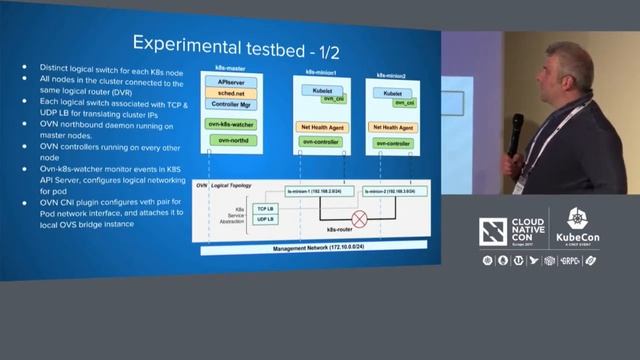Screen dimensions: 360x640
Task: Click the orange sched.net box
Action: click(x=232, y=92)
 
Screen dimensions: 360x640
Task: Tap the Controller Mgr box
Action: click(x=232, y=103)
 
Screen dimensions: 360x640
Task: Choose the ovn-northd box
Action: click(x=232, y=140)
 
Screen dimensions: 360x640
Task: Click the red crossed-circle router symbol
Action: click(x=359, y=217)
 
